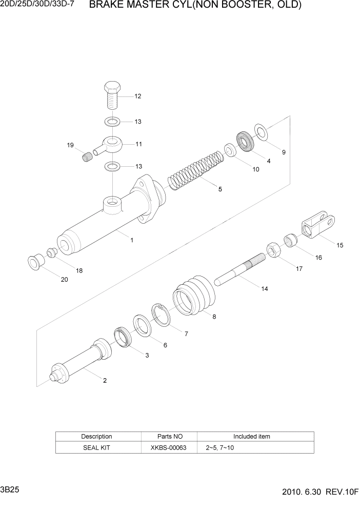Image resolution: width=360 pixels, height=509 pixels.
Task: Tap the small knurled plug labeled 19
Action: tap(88, 156)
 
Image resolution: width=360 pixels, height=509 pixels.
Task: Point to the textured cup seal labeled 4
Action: tap(246, 142)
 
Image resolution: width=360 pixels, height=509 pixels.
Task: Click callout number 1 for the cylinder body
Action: tap(132, 240)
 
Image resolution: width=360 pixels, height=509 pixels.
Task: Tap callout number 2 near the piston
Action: tap(105, 380)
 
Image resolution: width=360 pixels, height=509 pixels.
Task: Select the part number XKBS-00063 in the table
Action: tap(169, 447)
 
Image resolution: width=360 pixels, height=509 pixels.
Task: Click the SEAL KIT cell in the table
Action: tap(96, 447)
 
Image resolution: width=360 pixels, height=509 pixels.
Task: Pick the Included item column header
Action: tap(251, 437)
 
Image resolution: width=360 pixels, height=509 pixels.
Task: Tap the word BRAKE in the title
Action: tap(107, 6)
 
